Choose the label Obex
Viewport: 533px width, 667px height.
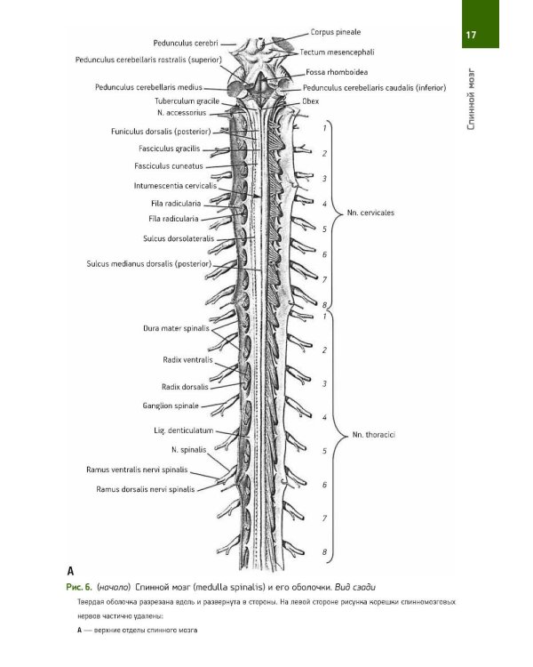[310, 101]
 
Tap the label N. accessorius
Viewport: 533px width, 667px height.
[181, 114]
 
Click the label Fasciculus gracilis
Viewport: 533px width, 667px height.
[169, 148]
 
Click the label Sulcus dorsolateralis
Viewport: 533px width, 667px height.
[179, 238]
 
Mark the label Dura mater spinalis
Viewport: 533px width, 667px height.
[175, 328]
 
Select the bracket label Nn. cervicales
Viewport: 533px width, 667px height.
[372, 213]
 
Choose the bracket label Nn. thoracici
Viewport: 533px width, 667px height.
[373, 435]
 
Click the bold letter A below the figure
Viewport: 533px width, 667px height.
[70, 571]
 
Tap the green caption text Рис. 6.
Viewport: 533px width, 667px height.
[79, 588]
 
